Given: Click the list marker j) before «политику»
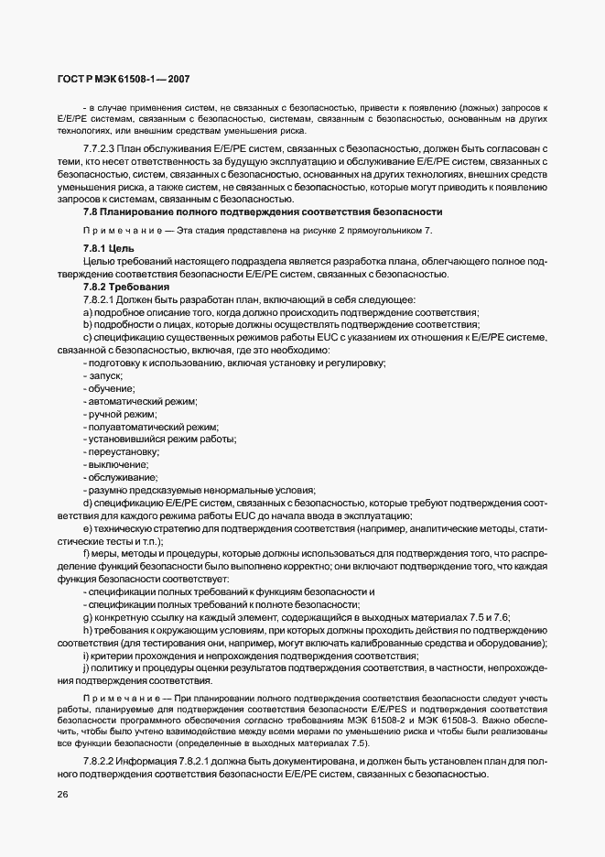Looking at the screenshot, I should (85, 668).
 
